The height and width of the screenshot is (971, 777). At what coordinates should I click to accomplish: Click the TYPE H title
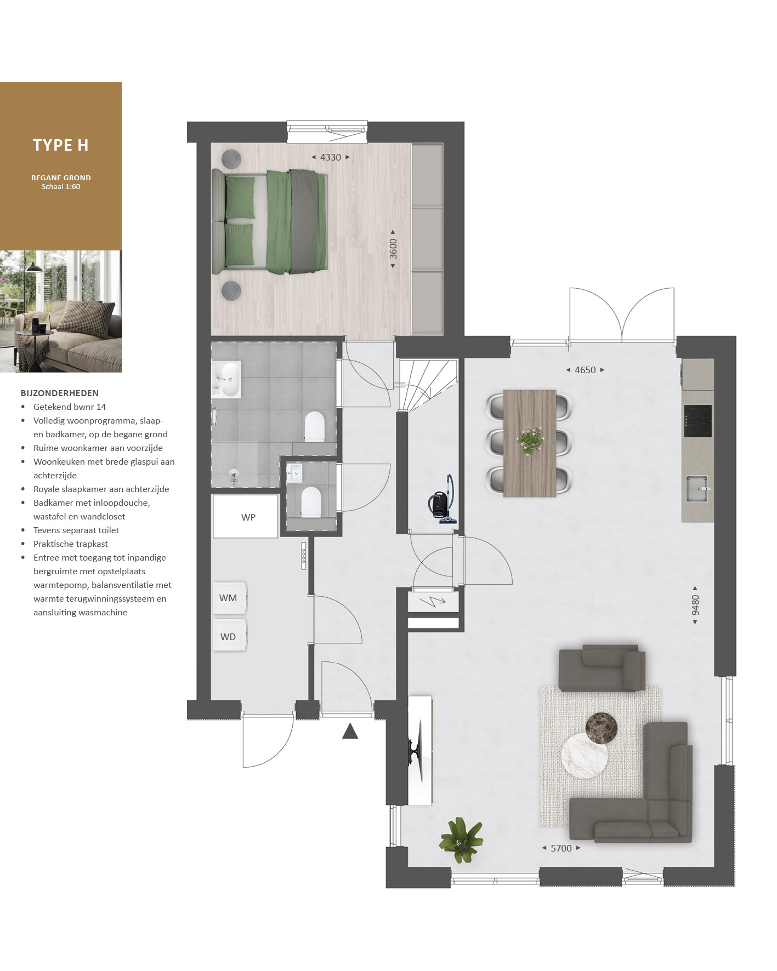pos(61,145)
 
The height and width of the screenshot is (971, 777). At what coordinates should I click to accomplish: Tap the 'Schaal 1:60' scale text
pos(61,187)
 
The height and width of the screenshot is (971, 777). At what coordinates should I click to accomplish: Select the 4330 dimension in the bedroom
pos(331,157)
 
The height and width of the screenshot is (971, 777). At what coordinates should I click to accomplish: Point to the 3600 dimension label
pos(393,249)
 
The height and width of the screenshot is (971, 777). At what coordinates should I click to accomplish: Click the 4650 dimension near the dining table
pos(585,370)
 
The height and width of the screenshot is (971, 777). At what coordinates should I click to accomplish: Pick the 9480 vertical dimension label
pos(695,605)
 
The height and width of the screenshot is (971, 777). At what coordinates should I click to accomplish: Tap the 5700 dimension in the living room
pos(561,848)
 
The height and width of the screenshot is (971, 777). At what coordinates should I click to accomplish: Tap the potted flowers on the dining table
pos(530,440)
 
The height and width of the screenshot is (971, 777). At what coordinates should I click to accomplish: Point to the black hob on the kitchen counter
pos(698,421)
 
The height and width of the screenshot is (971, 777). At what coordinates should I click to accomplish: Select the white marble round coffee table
pos(584,755)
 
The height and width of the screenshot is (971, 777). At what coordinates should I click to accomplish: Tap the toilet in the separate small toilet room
pos(311,501)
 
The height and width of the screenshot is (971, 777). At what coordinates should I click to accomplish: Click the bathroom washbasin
pos(226,379)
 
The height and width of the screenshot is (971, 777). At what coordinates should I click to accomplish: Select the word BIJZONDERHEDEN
pos(60,393)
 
